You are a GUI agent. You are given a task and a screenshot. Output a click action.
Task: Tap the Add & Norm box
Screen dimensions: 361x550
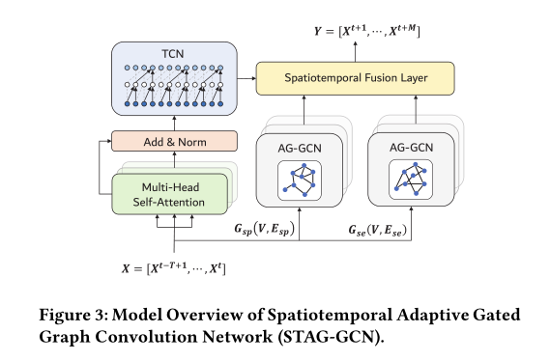tap(174, 141)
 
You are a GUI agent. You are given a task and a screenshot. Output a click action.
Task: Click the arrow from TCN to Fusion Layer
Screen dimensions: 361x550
tap(246, 75)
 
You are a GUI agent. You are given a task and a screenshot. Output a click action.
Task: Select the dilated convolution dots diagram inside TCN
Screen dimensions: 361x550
tap(174, 81)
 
